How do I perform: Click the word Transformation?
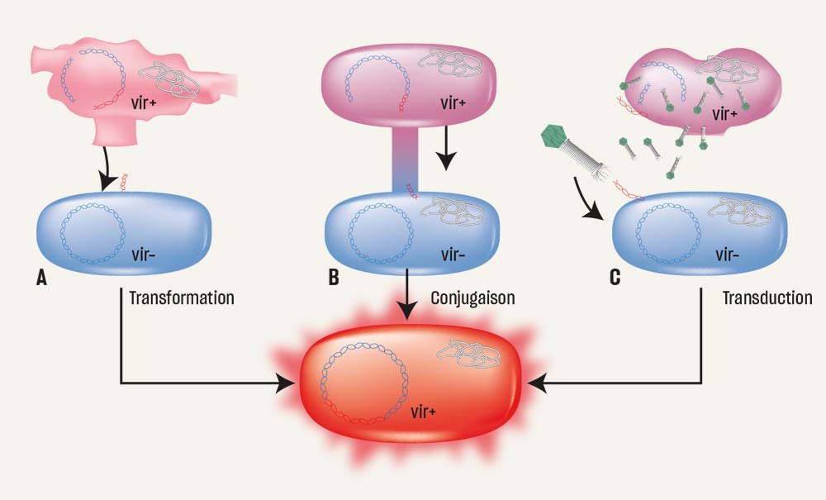[181, 297]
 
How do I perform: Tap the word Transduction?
[767, 297]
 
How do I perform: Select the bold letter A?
[40, 278]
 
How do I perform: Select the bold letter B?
[333, 278]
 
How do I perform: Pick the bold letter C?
[615, 278]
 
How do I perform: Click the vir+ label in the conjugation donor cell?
[449, 106]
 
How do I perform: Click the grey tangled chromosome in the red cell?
[470, 358]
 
